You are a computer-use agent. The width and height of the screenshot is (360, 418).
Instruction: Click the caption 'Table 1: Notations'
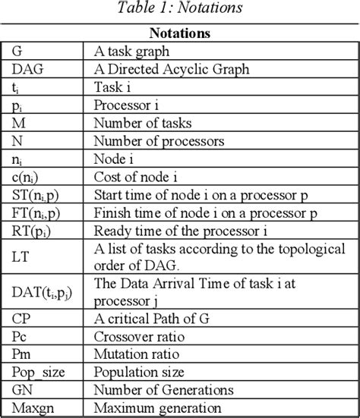coord(179,9)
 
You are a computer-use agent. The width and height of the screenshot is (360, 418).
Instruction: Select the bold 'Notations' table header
coord(179,34)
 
